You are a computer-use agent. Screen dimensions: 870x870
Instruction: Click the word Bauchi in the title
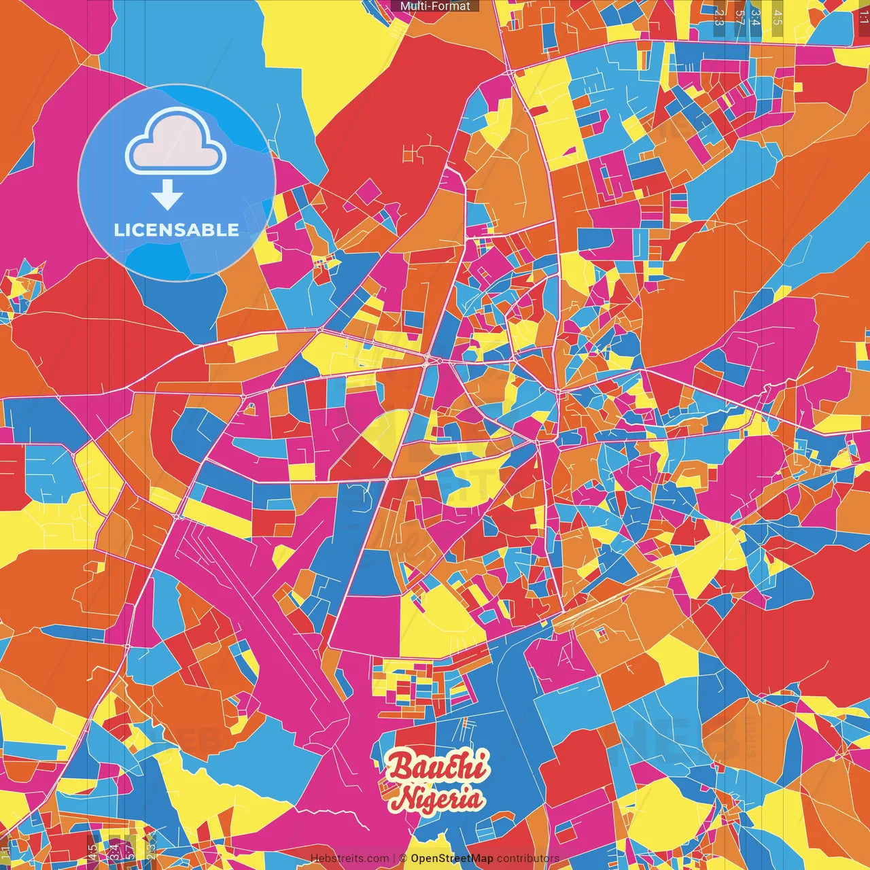pyautogui.click(x=438, y=767)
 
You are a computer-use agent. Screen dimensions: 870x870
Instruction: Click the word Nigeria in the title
pyautogui.click(x=438, y=798)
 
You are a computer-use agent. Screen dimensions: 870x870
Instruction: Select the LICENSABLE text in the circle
pyautogui.click(x=177, y=230)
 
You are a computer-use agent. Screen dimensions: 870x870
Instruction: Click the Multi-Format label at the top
pyautogui.click(x=435, y=6)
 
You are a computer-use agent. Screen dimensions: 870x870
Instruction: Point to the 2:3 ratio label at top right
pyautogui.click(x=719, y=16)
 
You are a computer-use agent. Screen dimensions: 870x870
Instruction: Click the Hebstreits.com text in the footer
pyautogui.click(x=349, y=858)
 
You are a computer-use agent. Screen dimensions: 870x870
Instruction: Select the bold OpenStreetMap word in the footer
pyautogui.click(x=452, y=858)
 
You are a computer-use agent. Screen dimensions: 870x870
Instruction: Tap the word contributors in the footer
pyautogui.click(x=528, y=858)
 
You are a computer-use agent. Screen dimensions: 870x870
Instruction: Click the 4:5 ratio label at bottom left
pyautogui.click(x=92, y=853)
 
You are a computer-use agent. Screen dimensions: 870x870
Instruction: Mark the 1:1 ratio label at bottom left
pyautogui.click(x=6, y=854)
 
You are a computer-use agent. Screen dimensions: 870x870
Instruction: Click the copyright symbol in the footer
pyautogui.click(x=403, y=858)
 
